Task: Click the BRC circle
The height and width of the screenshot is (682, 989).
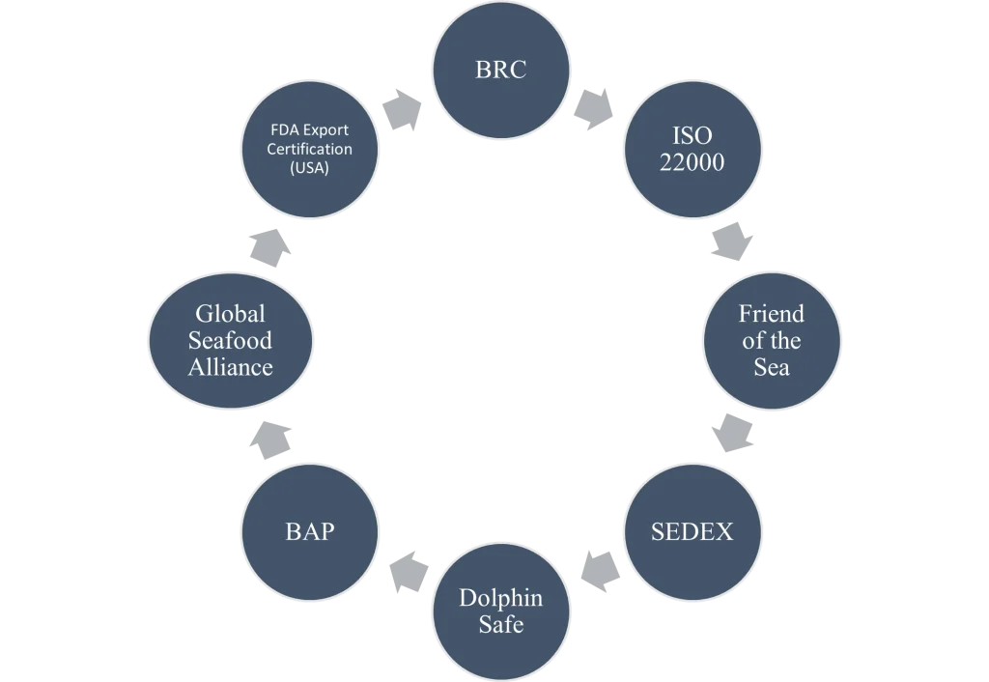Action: [x=501, y=70]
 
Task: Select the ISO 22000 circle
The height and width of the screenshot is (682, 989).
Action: [x=692, y=150]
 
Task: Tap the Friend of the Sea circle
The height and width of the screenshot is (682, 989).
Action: [x=772, y=341]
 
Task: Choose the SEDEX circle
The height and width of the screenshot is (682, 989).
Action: [x=692, y=532]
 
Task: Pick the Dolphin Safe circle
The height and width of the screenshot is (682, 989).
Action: [x=501, y=611]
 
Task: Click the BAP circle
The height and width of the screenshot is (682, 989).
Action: [x=310, y=532]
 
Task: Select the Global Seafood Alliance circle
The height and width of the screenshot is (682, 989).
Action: [x=231, y=341]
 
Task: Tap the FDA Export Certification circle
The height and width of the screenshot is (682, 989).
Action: [x=310, y=150]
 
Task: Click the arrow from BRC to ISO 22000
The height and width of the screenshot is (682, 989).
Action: [x=594, y=109]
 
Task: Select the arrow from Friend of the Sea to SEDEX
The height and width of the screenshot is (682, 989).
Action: [x=732, y=433]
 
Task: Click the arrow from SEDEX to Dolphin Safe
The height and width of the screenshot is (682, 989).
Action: [x=600, y=572]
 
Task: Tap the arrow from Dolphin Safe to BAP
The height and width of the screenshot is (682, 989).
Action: [x=409, y=572]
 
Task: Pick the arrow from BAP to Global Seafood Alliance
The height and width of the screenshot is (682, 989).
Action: [x=270, y=440]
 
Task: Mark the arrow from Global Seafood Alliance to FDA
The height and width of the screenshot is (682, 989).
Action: [x=270, y=248]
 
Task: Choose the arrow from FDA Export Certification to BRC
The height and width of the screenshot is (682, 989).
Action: [x=403, y=110]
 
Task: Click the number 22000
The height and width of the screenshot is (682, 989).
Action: [x=692, y=162]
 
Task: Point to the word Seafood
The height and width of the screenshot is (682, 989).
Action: [x=230, y=341]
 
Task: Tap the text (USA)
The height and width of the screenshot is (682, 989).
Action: [x=310, y=168]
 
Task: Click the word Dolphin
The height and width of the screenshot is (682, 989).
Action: [x=501, y=597]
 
